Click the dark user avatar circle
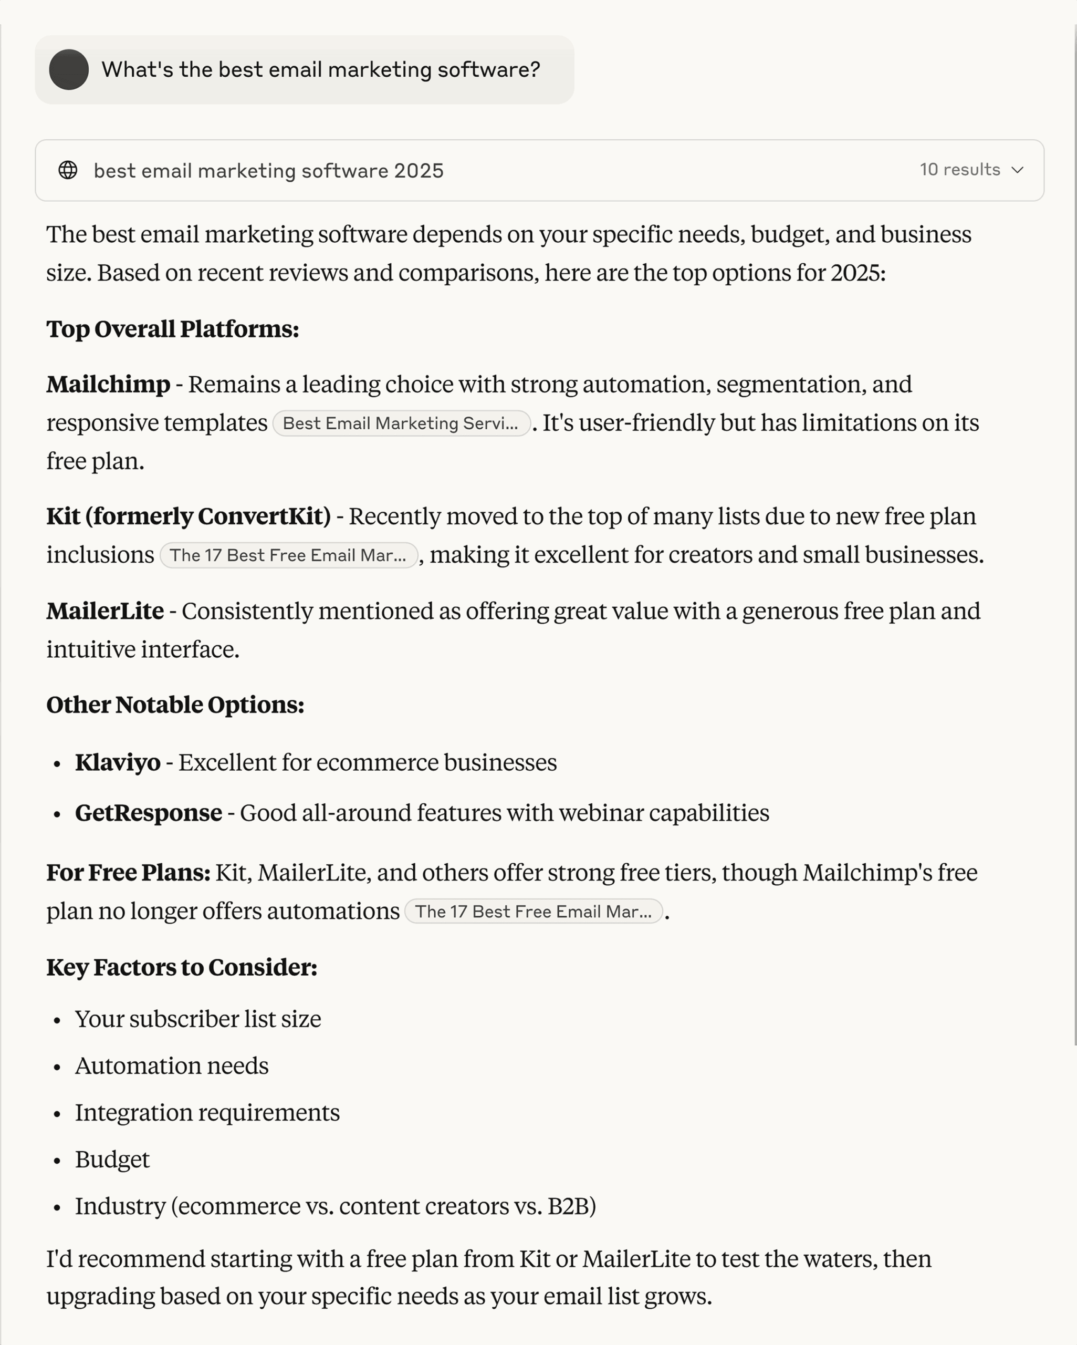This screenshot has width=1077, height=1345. pos(69,69)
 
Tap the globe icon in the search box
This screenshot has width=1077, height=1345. pos(68,170)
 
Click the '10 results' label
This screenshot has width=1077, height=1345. pos(960,170)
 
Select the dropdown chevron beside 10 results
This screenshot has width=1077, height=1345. pos(1018,170)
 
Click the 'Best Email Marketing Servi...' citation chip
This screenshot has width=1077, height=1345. pos(401,423)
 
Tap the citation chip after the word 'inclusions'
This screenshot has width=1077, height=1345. pos(288,555)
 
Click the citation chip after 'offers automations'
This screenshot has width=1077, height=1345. pos(533,912)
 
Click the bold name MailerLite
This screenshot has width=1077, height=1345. pos(106,611)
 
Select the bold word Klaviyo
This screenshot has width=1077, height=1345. pos(118,762)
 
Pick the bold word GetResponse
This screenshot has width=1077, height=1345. pos(149,813)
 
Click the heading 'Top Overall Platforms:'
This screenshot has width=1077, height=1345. pos(173,329)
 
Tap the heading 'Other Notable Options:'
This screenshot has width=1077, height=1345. pos(175,705)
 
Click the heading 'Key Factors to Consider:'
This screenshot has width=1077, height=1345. pos(182,968)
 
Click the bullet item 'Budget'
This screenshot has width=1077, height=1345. pos(112,1160)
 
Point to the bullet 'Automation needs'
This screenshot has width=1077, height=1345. pos(172,1066)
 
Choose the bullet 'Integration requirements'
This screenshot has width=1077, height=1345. pos(207,1113)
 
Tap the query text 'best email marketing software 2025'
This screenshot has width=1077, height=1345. pos(269,170)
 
